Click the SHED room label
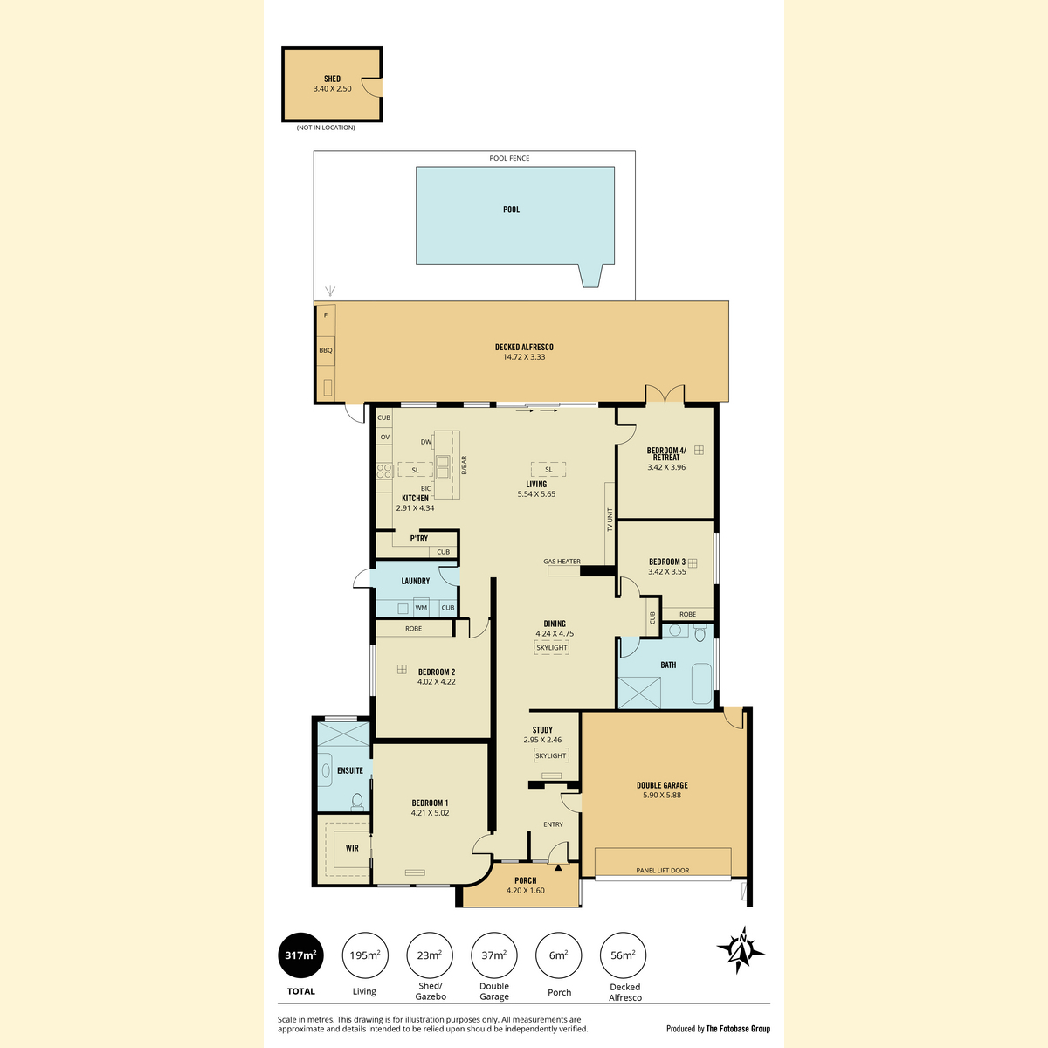[x=332, y=79]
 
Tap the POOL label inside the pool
[x=511, y=210]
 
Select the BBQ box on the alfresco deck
[x=326, y=350]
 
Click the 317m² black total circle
[x=300, y=955]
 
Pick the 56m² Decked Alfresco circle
[x=623, y=955]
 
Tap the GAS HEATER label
[x=562, y=562]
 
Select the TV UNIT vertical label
[x=610, y=520]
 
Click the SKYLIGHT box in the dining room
[x=551, y=648]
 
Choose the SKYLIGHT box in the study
[x=550, y=755]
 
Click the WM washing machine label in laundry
[x=421, y=608]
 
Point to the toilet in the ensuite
[x=357, y=801]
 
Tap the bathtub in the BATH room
[x=701, y=684]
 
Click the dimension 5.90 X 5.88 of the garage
[x=662, y=795]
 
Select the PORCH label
[x=526, y=880]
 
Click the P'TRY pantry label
[x=419, y=539]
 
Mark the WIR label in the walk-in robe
[x=352, y=848]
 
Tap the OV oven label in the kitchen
[x=385, y=438]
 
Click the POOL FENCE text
[x=509, y=158]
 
